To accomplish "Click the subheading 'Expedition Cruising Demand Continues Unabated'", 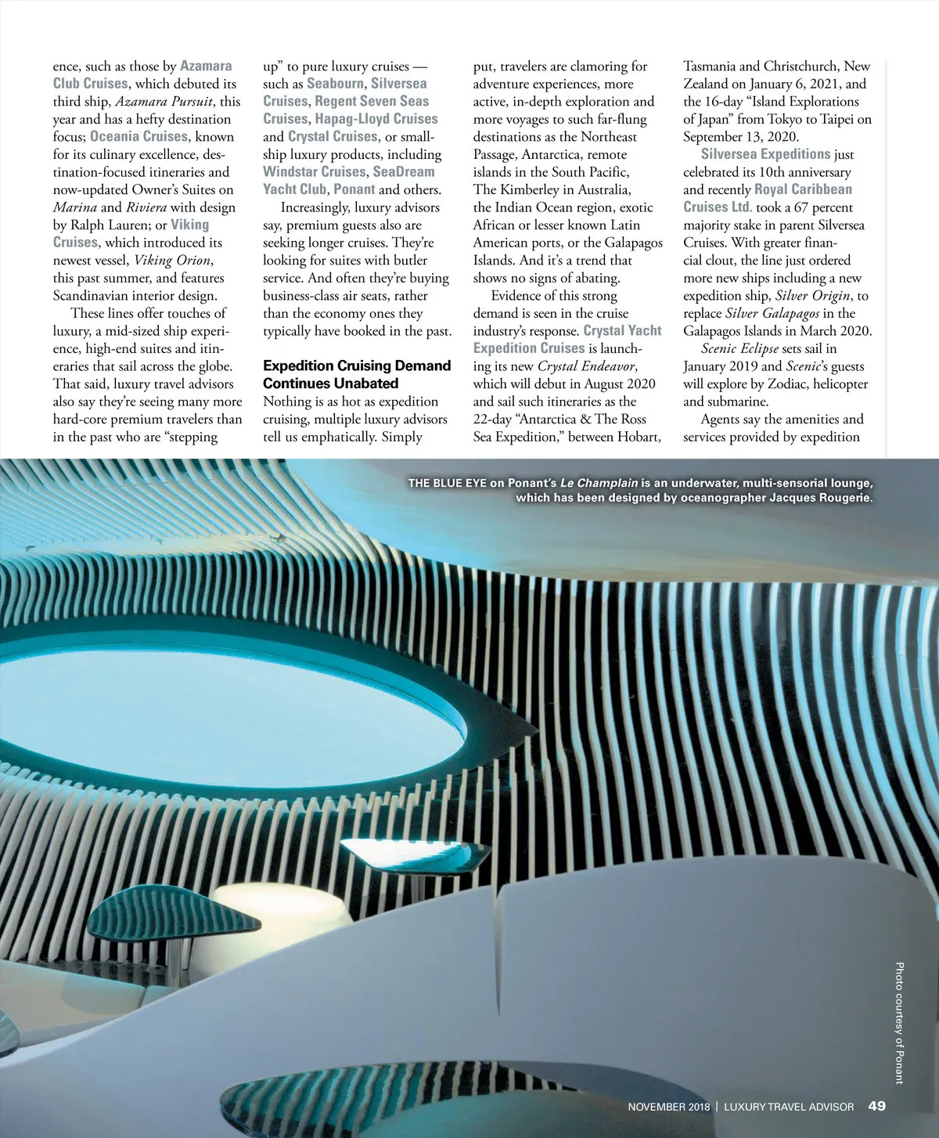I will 357,374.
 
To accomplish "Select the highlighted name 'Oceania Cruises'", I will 139,136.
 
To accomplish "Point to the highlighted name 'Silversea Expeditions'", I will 765,154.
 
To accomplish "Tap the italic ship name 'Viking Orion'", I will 172,260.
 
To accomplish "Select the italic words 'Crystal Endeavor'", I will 587,366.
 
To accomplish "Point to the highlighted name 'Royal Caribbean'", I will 803,189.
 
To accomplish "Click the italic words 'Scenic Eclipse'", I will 739,348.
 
